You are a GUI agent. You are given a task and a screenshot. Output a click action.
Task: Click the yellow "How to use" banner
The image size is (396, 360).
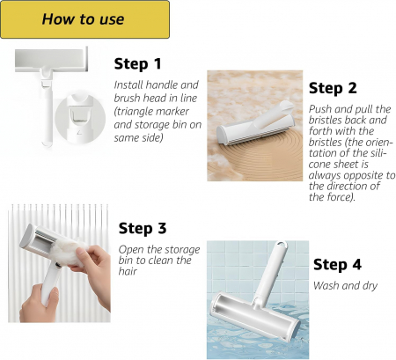pos(84,19)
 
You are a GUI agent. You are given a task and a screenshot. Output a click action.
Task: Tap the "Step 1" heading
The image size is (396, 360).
pos(137,64)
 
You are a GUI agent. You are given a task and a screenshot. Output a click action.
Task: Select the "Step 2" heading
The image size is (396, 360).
pos(333,88)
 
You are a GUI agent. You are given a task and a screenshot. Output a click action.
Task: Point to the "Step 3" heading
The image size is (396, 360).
pos(143,228)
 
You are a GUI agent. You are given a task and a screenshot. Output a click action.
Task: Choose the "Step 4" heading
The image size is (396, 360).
pos(337,265)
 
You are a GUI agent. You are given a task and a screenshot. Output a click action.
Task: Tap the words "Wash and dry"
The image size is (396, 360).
pos(345,285)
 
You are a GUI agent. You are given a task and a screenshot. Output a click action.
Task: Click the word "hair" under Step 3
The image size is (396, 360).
pos(128,271)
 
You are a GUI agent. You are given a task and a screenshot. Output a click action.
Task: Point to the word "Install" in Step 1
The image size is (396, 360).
pos(128,84)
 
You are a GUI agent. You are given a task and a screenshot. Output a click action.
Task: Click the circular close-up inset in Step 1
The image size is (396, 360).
pos(80,118)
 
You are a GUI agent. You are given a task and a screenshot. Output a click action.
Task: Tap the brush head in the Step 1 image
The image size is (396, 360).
pos(51,59)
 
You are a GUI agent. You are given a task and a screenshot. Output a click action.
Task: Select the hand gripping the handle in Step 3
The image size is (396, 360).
pos(39,301)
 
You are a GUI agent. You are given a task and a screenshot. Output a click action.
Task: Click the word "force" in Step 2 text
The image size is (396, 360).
pos(340,197)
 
